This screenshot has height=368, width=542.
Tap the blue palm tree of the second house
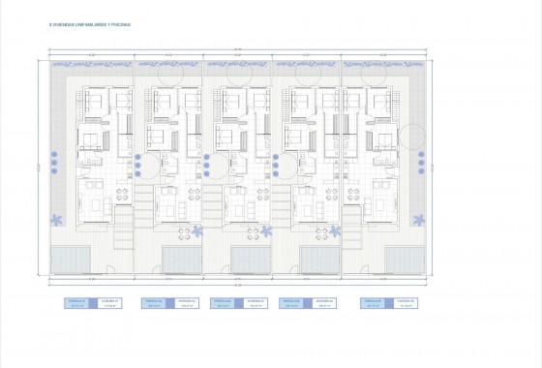199,230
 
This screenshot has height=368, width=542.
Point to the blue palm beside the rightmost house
418,218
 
